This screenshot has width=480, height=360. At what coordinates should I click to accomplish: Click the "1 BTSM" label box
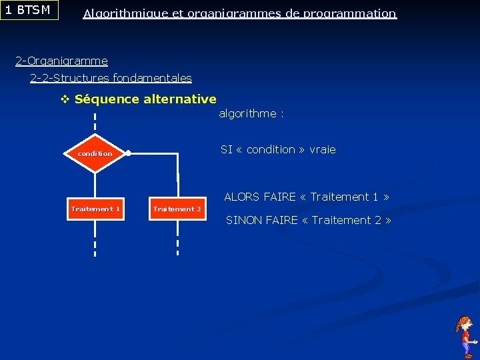(x=29, y=10)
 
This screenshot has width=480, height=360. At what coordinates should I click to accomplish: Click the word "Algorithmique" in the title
(x=125, y=13)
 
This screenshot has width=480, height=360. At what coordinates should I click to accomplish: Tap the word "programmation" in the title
(x=349, y=13)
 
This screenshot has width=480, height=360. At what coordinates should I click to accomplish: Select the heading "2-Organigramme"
(x=61, y=61)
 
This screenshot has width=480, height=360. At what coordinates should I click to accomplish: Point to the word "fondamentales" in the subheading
(x=152, y=78)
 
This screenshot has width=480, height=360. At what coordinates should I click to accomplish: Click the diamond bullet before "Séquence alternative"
(x=65, y=99)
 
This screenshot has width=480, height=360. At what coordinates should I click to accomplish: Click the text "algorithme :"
(x=251, y=113)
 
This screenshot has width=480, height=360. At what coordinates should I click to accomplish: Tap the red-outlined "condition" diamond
(x=95, y=153)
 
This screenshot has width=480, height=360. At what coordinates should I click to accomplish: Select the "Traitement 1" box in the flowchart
(x=95, y=209)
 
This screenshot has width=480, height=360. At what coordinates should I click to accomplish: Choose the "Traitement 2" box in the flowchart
(x=177, y=209)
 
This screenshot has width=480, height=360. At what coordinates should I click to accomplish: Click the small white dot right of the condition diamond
(x=128, y=153)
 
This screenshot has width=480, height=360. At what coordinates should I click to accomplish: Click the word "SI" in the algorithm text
(x=227, y=149)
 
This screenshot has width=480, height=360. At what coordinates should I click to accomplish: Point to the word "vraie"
(x=322, y=149)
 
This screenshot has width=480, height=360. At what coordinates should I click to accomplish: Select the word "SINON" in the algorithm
(x=243, y=220)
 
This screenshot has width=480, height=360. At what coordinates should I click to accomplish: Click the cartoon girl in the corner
(x=465, y=337)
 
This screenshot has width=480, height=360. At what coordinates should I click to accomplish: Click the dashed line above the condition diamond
(x=95, y=124)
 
